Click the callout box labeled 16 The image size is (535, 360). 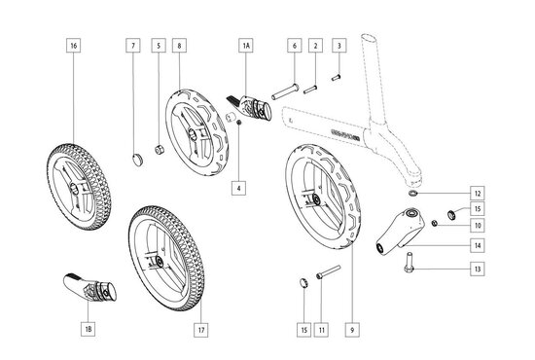tap(74, 46)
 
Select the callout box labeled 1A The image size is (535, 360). tap(246, 46)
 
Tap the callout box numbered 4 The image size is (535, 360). tap(239, 188)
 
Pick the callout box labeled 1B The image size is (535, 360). tap(88, 329)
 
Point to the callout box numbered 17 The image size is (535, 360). tap(201, 330)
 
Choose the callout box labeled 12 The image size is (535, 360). tap(478, 194)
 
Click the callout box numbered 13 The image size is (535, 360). tap(478, 269)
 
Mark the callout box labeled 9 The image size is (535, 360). tap(352, 330)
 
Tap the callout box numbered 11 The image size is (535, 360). tap(321, 330)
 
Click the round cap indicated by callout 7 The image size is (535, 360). tap(137, 160)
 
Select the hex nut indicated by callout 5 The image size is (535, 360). tap(159, 150)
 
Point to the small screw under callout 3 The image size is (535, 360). tap(337, 78)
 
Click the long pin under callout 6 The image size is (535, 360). tap(285, 91)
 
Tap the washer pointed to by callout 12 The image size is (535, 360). tap(413, 194)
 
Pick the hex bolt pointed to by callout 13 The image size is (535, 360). tap(410, 263)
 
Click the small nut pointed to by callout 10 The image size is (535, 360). tap(435, 223)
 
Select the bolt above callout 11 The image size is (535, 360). tap(328, 272)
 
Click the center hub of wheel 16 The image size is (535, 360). tap(74, 188)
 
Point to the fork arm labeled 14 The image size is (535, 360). tap(400, 231)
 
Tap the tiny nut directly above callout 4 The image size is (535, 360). tap(239, 123)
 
